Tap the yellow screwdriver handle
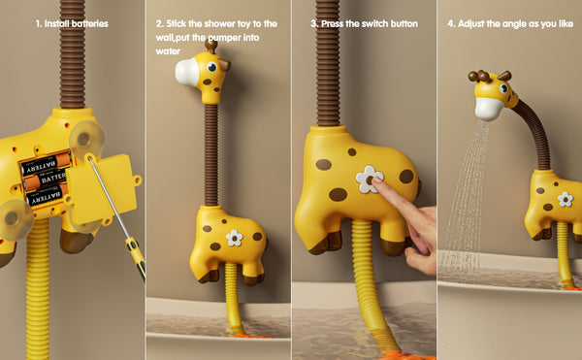pyautogui.click(x=136, y=258)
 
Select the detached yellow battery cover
pyautogui.click(x=103, y=188)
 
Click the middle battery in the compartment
pyautogui.click(x=46, y=180)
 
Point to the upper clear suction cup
pyautogui.click(x=87, y=139)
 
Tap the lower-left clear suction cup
pyautogui.click(x=15, y=219)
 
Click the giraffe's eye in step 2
pyautogui.click(x=211, y=67)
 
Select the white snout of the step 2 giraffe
pyautogui.click(x=187, y=72)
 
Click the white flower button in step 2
pyautogui.click(x=234, y=238)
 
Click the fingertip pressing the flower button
pyautogui.click(x=376, y=181)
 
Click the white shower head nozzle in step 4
pyautogui.click(x=489, y=109)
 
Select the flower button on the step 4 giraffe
pyautogui.click(x=565, y=199)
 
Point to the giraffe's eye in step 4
pyautogui.click(x=503, y=88)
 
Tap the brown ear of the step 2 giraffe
pyautogui.click(x=224, y=65)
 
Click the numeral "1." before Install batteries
pyautogui.click(x=39, y=23)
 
